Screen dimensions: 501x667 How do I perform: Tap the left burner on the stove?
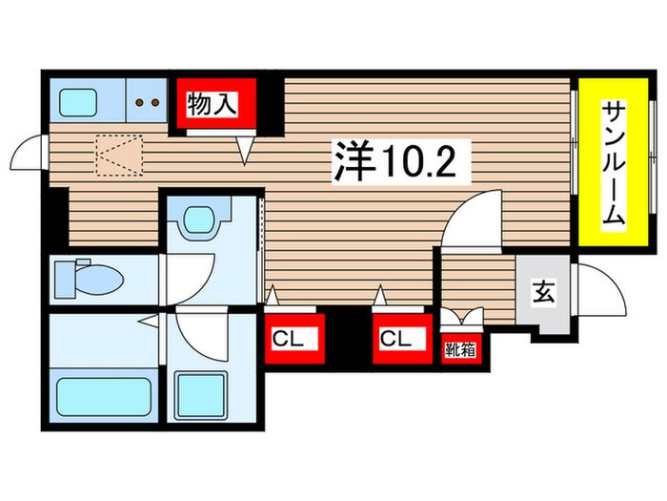[x=141, y=100]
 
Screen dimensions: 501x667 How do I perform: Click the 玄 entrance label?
[x=543, y=294]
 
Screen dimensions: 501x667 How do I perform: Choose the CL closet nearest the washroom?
[x=293, y=339]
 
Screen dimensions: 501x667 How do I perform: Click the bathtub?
[x=104, y=396]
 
